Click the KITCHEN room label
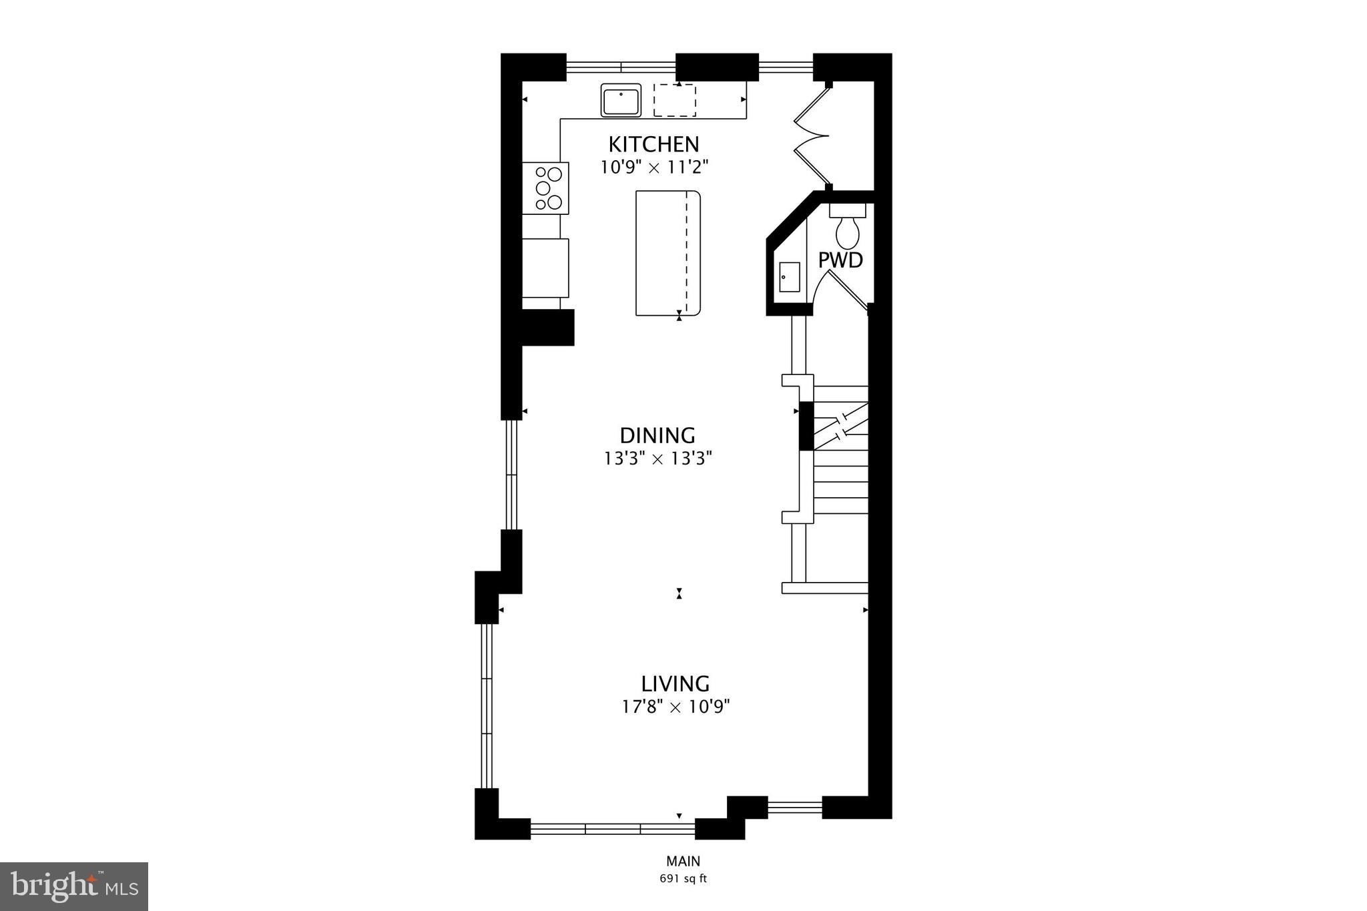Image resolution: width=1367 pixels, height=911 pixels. click(653, 144)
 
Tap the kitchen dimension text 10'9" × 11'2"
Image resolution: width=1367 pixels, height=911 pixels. click(653, 167)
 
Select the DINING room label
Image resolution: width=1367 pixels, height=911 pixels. click(657, 436)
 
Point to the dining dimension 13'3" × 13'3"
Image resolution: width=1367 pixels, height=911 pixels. click(658, 459)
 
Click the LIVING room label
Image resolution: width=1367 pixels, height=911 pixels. click(675, 684)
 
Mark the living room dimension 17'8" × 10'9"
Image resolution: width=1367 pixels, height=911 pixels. click(675, 707)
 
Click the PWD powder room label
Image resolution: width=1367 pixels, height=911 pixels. click(840, 260)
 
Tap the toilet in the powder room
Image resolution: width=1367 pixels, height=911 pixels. click(848, 227)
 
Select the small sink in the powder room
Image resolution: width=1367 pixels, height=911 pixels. click(790, 277)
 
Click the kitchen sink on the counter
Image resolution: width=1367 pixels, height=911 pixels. click(621, 100)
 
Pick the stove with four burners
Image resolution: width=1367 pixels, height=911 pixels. click(546, 188)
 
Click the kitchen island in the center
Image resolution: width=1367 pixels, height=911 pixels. click(667, 253)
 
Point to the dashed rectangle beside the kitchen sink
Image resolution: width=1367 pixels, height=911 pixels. click(674, 100)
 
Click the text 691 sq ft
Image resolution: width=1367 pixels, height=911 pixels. click(683, 878)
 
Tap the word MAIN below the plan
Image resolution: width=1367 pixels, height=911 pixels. click(683, 862)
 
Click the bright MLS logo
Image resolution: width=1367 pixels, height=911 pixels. click(74, 886)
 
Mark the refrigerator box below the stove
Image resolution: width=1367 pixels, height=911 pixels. click(545, 268)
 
